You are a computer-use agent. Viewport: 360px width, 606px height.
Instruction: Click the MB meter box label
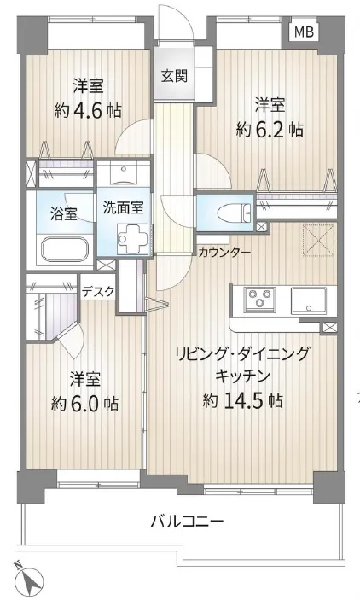(304, 32)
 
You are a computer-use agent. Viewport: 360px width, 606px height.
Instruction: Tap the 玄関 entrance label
(174, 76)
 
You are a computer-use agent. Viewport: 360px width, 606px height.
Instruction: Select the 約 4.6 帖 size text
(88, 111)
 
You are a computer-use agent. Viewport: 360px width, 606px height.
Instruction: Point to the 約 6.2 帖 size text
(270, 131)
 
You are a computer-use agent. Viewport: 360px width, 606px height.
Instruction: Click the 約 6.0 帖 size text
(85, 404)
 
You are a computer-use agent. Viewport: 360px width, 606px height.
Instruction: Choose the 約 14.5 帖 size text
(242, 401)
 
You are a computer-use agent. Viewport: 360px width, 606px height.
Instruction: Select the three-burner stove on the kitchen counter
(259, 299)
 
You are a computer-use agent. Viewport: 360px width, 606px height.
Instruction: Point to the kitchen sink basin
(309, 300)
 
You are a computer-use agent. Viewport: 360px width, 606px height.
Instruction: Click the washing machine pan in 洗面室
(133, 238)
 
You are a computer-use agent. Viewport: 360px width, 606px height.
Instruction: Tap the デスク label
(98, 291)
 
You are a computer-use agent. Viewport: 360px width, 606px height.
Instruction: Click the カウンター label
(224, 253)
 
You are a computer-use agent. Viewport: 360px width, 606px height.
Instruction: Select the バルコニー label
(188, 522)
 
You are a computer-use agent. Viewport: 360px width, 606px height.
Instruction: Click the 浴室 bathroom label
(64, 213)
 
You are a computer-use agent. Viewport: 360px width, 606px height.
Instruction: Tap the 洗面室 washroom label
(123, 207)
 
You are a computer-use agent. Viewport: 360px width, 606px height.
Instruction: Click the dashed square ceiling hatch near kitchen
(319, 241)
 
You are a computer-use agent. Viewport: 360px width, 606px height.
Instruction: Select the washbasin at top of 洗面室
(124, 172)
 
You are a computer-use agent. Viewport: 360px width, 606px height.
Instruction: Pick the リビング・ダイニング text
(242, 354)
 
